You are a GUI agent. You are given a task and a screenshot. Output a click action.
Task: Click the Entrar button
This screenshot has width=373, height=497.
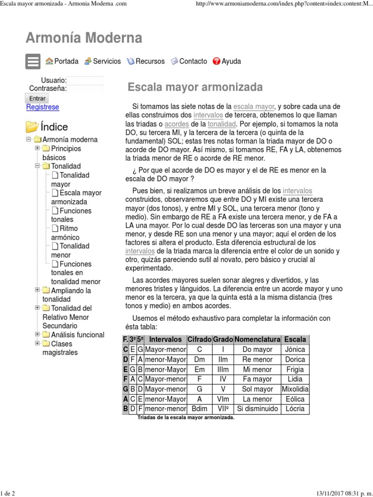[x=37, y=98]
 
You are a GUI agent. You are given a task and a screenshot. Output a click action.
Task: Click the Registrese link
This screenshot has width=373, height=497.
[x=42, y=107]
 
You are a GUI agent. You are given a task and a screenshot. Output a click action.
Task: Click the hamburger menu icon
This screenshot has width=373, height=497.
[x=33, y=62]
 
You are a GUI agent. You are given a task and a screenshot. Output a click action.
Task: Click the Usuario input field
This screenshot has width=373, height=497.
[x=85, y=80]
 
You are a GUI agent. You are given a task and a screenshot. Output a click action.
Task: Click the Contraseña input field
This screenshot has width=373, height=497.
[x=85, y=88]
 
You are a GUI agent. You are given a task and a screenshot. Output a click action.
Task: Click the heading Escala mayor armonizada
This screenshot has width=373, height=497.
[x=195, y=87]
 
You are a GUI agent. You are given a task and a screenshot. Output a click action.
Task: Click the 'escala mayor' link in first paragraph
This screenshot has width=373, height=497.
[x=254, y=106]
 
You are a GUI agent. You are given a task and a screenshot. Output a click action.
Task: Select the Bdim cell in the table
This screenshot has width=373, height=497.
[x=200, y=409]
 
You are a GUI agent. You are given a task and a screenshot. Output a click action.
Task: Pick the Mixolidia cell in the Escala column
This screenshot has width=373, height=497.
[x=295, y=389]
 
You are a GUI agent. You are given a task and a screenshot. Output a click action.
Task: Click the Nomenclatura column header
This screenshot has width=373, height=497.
[x=257, y=339]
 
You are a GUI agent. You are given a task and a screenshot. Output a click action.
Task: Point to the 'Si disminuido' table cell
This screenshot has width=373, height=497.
[x=257, y=409]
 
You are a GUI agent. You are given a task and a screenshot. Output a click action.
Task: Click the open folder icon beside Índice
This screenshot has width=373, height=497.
[x=32, y=127]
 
